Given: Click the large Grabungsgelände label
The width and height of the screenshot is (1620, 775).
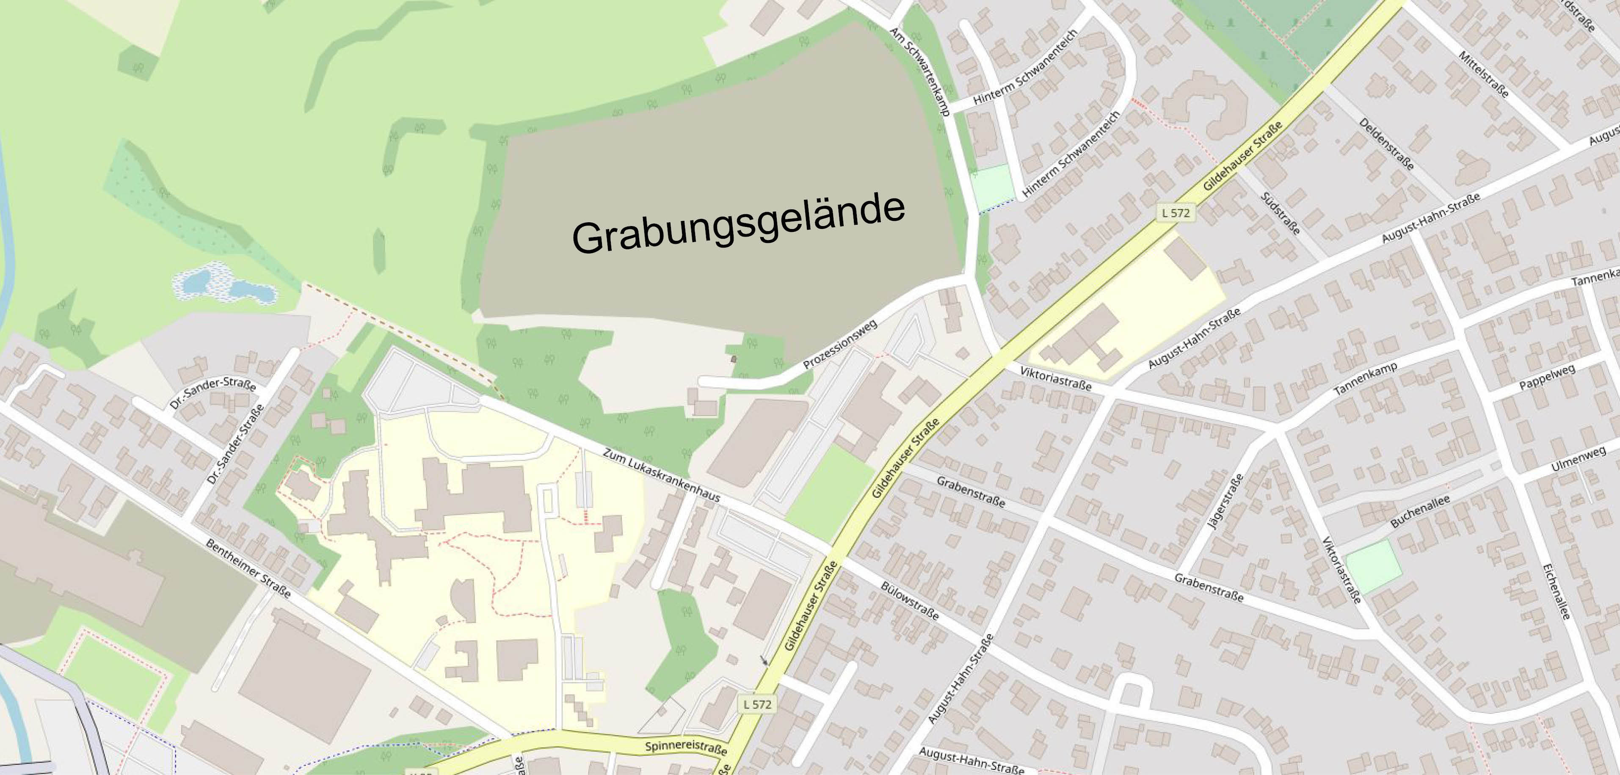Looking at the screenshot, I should coord(739,225).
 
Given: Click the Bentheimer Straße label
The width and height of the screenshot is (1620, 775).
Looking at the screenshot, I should coord(248,568).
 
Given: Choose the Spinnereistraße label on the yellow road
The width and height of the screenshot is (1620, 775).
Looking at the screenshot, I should coord(685,747).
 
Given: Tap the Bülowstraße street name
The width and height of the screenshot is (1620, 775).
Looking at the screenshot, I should coord(909,600).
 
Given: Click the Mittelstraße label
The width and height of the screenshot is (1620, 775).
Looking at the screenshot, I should coord(1483,74).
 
